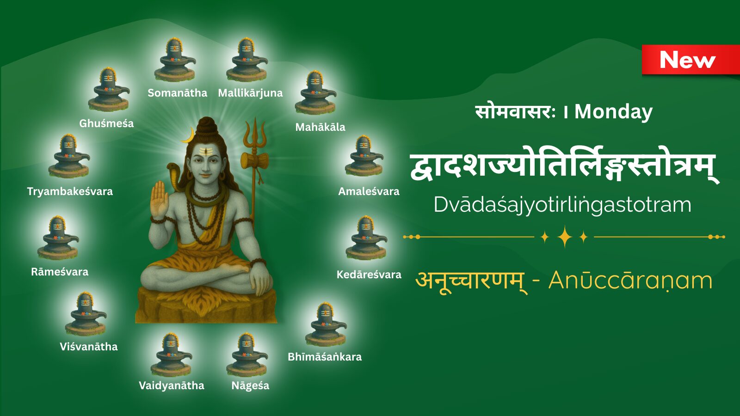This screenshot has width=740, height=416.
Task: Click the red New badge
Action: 691,60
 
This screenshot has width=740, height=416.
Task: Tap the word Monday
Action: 613,112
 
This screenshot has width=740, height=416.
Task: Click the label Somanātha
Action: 178,93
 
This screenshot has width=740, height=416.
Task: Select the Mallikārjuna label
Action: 250,93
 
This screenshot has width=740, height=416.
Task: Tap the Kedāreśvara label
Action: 369,275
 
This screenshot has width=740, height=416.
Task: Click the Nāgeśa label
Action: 250,385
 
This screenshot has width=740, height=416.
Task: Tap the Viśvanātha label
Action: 88,347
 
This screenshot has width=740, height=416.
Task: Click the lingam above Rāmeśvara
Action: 58,238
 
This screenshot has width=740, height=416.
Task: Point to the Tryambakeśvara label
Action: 70,191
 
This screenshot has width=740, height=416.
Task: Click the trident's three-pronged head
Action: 255,134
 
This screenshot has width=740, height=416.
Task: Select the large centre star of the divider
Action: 565,237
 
